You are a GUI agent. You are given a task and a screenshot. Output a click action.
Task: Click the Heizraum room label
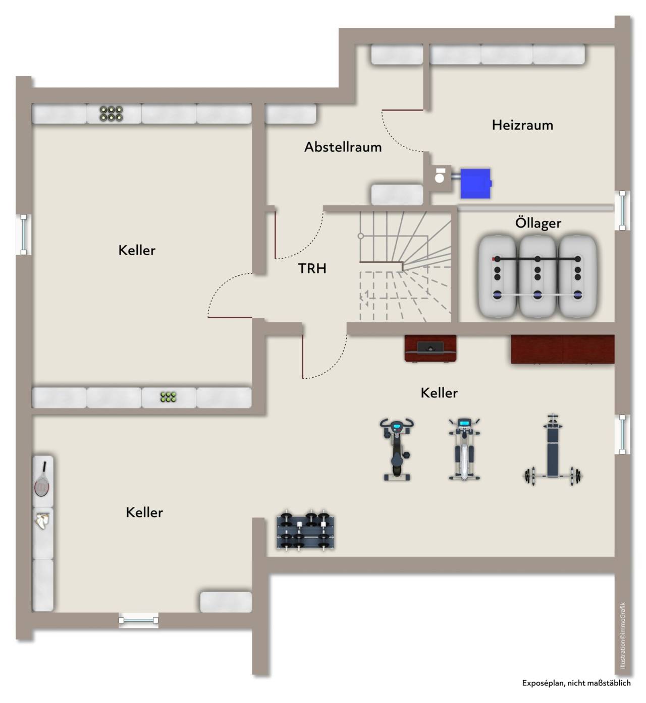pos(522,125)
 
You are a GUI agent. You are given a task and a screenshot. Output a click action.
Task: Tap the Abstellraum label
pos(343,147)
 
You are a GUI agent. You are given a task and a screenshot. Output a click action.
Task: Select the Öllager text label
pos(537,222)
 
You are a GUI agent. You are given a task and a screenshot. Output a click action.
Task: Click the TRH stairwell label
pos(312,268)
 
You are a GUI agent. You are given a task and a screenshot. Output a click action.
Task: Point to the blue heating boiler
pos(475,183)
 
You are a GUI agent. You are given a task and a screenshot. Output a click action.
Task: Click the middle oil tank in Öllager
pos(537,276)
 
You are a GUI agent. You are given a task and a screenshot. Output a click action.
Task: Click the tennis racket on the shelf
pos(42,480)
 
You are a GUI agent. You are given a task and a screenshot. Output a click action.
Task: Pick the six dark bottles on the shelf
pos(111,113)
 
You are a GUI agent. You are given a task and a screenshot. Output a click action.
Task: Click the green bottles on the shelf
pos(168,397)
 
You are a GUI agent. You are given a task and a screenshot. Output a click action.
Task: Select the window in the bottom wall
pos(138,620)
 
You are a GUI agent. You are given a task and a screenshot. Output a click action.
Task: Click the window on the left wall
pos(24,235)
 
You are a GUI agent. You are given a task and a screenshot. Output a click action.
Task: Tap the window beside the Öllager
pos(622,210)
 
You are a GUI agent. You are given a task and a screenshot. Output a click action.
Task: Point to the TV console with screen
pos(430,348)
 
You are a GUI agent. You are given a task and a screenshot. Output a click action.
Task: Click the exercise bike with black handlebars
pos(397,449)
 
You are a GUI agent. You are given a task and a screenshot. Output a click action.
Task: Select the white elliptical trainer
pos(464,449)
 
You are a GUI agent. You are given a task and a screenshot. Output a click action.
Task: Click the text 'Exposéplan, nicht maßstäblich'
pos(576,683)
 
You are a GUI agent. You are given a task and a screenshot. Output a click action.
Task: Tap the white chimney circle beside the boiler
pos(439,178)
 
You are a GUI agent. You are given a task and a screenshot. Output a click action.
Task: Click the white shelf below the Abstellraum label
pos(397,195)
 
